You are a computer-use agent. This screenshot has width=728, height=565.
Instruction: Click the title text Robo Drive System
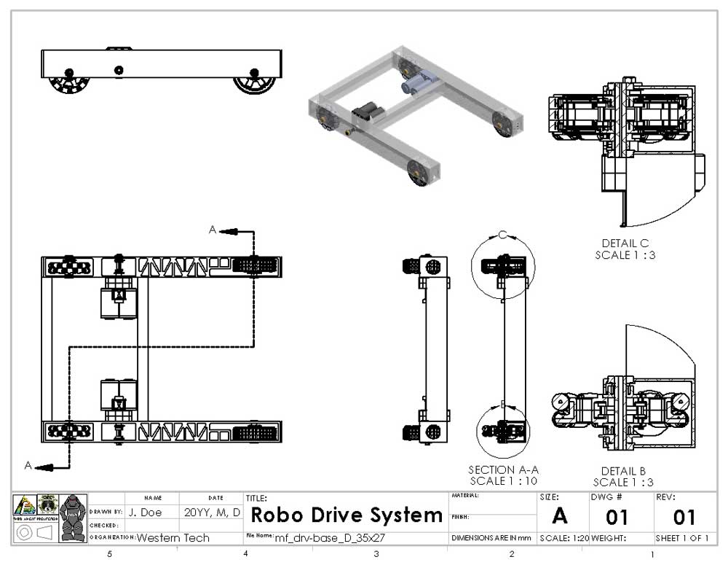(347, 516)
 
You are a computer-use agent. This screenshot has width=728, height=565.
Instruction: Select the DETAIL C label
(625, 243)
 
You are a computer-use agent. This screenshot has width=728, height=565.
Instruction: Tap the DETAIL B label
(623, 471)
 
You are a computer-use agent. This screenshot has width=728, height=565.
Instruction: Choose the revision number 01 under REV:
(684, 518)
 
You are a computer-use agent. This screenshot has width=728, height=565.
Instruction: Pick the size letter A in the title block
(559, 516)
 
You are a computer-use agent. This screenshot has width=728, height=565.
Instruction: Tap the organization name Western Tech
(173, 538)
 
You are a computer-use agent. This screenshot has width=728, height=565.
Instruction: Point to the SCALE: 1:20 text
(564, 539)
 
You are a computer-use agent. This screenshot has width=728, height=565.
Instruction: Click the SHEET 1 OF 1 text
(682, 539)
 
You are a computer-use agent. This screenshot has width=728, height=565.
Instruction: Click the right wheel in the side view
(255, 82)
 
